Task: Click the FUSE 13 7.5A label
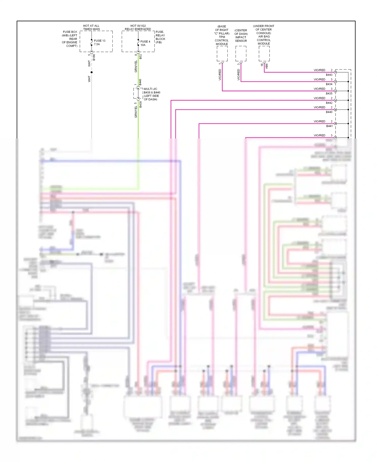coord(99,42)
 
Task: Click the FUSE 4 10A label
coord(145,43)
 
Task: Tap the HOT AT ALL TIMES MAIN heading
coord(91,27)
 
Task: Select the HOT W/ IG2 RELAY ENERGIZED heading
coord(138,27)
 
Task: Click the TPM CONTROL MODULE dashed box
coord(222,54)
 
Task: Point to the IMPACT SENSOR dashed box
coord(241,54)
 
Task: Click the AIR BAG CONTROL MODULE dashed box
coord(264,54)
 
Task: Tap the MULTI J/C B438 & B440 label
coord(152,91)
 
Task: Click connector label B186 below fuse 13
coord(94,57)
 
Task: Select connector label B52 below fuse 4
coord(140,57)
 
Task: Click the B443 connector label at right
coord(329,75)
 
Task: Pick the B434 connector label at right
coord(329,84)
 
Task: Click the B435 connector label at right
coord(329,94)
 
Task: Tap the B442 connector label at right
coord(329,103)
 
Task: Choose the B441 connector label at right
coord(329,126)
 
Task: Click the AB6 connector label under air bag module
coord(267,66)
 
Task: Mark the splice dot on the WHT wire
coord(91,72)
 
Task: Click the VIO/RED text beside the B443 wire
coord(319,70)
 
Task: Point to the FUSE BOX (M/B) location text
coord(70,39)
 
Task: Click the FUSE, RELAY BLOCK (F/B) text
coord(160,37)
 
